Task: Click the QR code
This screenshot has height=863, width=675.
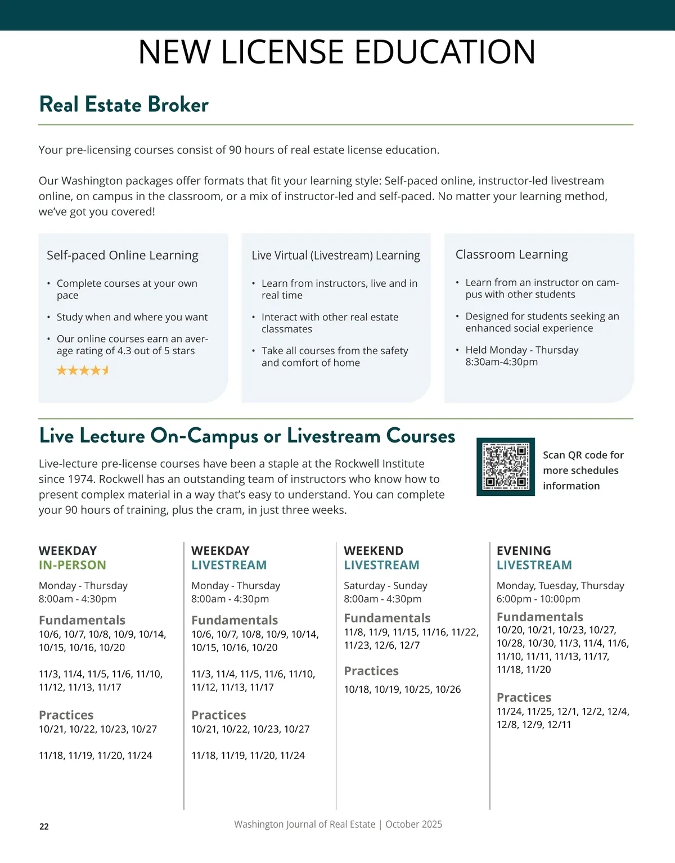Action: point(506,467)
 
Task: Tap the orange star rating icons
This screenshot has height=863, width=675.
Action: point(83,370)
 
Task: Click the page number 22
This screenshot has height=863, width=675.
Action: point(44,826)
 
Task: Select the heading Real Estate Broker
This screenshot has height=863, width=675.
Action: point(124,105)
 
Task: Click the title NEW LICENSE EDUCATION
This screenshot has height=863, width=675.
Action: point(337,52)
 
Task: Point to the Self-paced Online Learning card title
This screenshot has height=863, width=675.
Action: point(123,255)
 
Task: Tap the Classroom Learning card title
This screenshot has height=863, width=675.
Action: point(511,255)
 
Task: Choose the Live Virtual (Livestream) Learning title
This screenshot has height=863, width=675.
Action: point(336,255)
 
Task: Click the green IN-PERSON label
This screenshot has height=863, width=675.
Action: point(73,565)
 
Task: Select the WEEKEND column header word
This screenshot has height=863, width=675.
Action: point(373,550)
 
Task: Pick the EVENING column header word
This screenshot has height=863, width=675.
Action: point(524,550)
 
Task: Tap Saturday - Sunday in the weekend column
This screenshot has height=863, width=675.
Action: point(385,585)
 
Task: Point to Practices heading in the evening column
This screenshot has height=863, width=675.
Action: point(524,697)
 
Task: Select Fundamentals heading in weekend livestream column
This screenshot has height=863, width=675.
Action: point(387,618)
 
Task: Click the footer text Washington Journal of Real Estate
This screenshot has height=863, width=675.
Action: point(304,824)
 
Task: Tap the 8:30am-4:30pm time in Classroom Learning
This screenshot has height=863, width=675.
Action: point(501,362)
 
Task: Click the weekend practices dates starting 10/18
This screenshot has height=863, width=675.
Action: point(402,689)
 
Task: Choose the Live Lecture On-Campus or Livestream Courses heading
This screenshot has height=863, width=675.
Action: point(247,436)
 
